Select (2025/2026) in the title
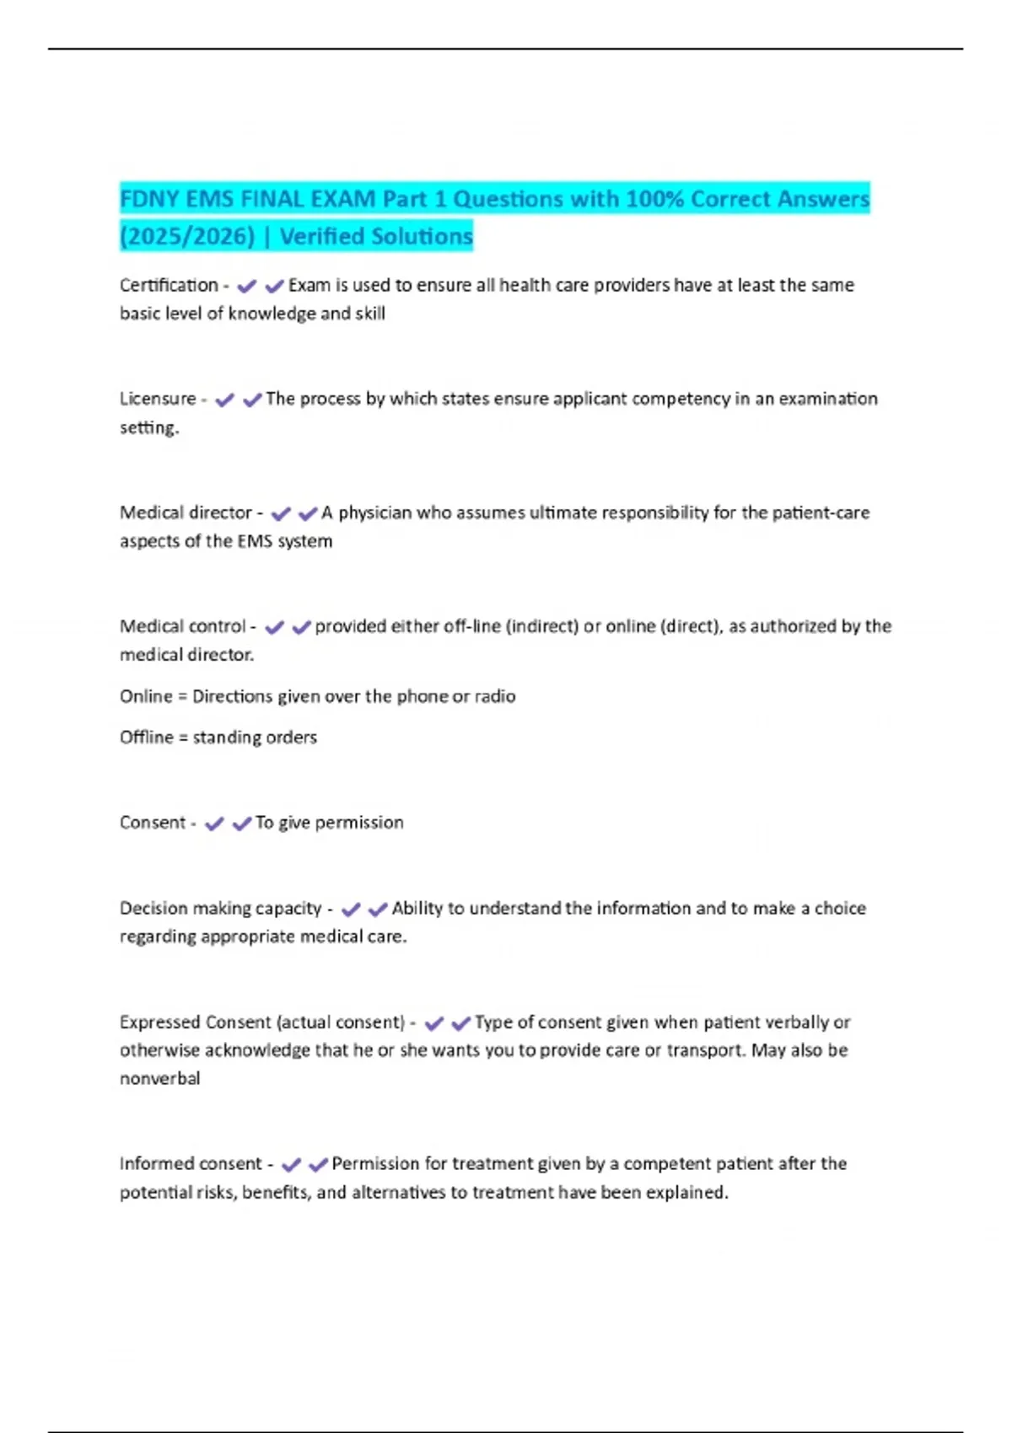coord(187,236)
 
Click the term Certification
coord(169,286)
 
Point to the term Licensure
coord(158,399)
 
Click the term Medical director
coord(186,513)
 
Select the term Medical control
coord(182,626)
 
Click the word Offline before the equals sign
coord(146,738)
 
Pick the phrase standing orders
coord(255,738)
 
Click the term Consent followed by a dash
coord(152,823)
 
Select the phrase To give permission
coord(329,823)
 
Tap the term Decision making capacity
coord(220,909)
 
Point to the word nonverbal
coord(160,1079)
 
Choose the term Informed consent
coord(191,1164)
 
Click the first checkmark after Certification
coord(246,287)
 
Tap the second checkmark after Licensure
coord(251,400)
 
